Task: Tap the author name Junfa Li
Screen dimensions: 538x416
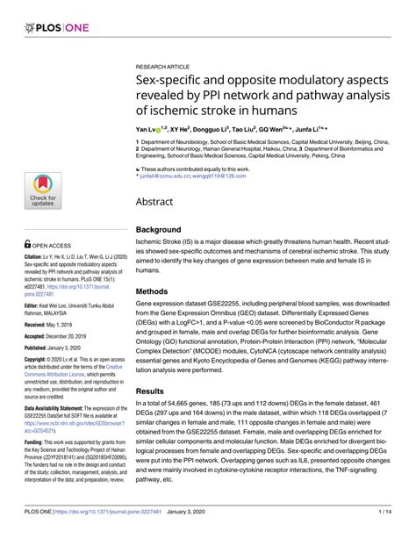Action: coord(312,129)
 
